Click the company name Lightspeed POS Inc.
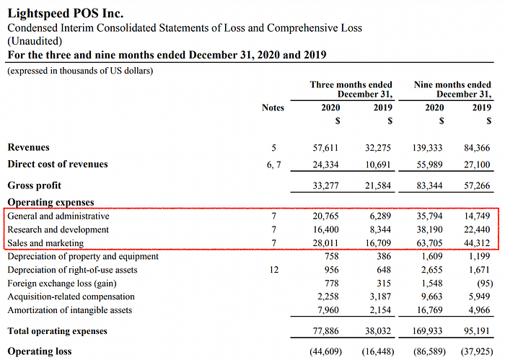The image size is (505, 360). pyautogui.click(x=66, y=14)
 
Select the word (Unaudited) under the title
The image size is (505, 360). pyautogui.click(x=35, y=41)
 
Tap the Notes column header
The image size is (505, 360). pyautogui.click(x=273, y=107)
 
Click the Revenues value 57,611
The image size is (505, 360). pyautogui.click(x=325, y=148)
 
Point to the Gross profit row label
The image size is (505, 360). pyautogui.click(x=35, y=185)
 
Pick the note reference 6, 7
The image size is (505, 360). pyautogui.click(x=273, y=165)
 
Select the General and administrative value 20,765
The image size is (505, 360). pyautogui.click(x=325, y=216)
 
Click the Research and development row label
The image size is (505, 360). pyautogui.click(x=58, y=229)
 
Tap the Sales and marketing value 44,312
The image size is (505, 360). pyautogui.click(x=477, y=243)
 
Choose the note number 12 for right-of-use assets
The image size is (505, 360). pyautogui.click(x=273, y=270)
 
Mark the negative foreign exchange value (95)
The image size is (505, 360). pyautogui.click(x=485, y=284)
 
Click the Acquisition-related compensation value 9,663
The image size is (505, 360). pyautogui.click(x=431, y=297)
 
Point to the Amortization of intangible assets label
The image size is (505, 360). pyautogui.click(x=70, y=310)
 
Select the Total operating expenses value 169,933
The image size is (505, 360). pyautogui.click(x=427, y=331)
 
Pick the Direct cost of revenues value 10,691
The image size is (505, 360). pyautogui.click(x=377, y=165)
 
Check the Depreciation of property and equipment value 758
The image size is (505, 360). pyautogui.click(x=331, y=256)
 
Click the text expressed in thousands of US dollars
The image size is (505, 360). pyautogui.click(x=80, y=71)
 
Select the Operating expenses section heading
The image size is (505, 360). pyautogui.click(x=51, y=202)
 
